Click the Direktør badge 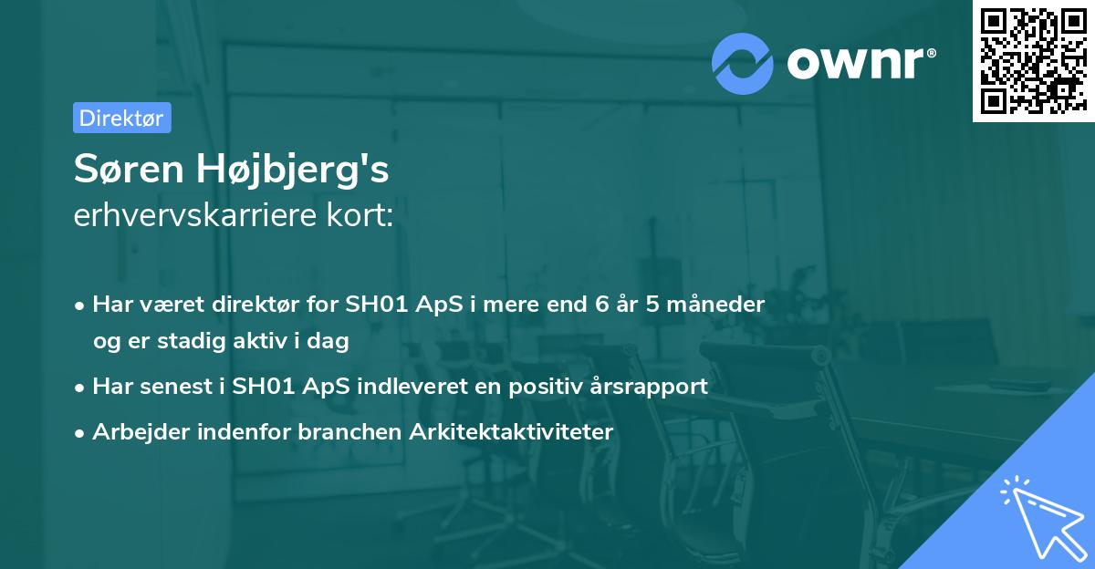click(x=121, y=118)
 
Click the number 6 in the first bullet click(x=603, y=304)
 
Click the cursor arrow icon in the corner click(x=1038, y=514)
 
